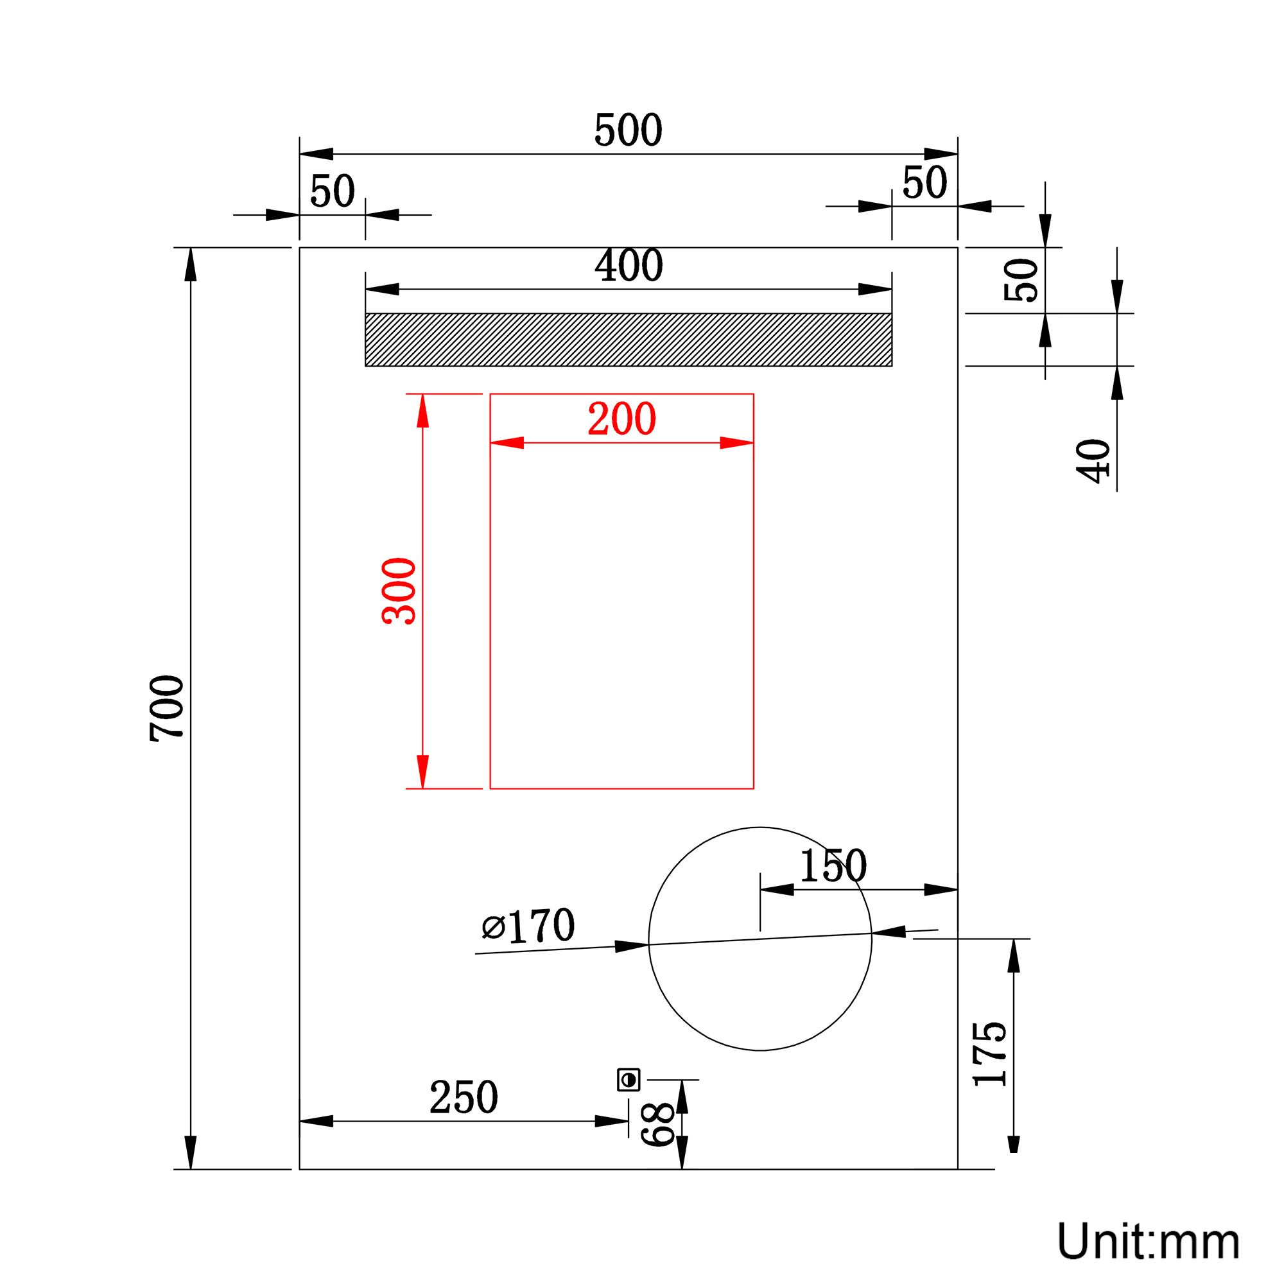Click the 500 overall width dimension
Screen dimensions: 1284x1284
[x=628, y=130]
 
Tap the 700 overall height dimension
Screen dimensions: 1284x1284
[x=167, y=709]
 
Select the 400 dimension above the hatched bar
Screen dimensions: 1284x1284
[x=629, y=265]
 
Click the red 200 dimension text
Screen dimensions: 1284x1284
[x=622, y=419]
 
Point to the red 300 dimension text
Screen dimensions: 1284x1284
[x=399, y=591]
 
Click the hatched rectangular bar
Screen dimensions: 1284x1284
[x=629, y=340]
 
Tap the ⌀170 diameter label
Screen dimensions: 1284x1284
[x=528, y=926]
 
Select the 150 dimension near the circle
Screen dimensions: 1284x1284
[x=833, y=865]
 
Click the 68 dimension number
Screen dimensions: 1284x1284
[x=658, y=1125]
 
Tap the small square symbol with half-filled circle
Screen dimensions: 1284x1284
[x=629, y=1080]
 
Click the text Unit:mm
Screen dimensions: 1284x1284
[x=1149, y=1241]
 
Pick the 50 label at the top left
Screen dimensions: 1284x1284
[x=333, y=191]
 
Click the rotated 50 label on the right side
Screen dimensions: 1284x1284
[x=1021, y=280]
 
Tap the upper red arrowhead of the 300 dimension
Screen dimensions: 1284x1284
[x=422, y=411]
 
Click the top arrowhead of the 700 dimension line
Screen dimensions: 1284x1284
[x=191, y=265]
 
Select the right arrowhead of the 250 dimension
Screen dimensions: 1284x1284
[x=612, y=1121]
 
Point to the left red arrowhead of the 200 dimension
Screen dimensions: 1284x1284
[x=507, y=442]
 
